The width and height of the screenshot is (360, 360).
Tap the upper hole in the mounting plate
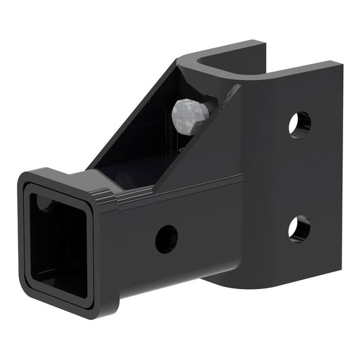299,124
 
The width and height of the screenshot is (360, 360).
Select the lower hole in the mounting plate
299,229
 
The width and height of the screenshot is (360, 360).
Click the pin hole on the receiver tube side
167,239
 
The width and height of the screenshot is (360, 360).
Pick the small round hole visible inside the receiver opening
44,204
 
